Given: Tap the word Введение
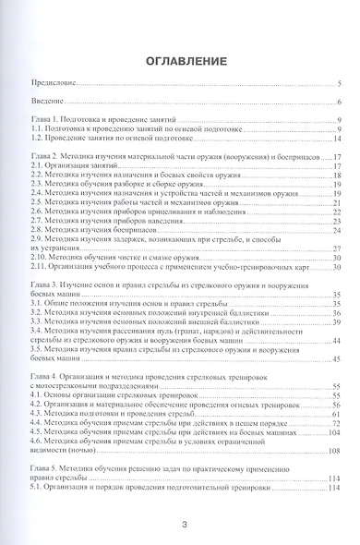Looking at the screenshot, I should click(45, 103).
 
